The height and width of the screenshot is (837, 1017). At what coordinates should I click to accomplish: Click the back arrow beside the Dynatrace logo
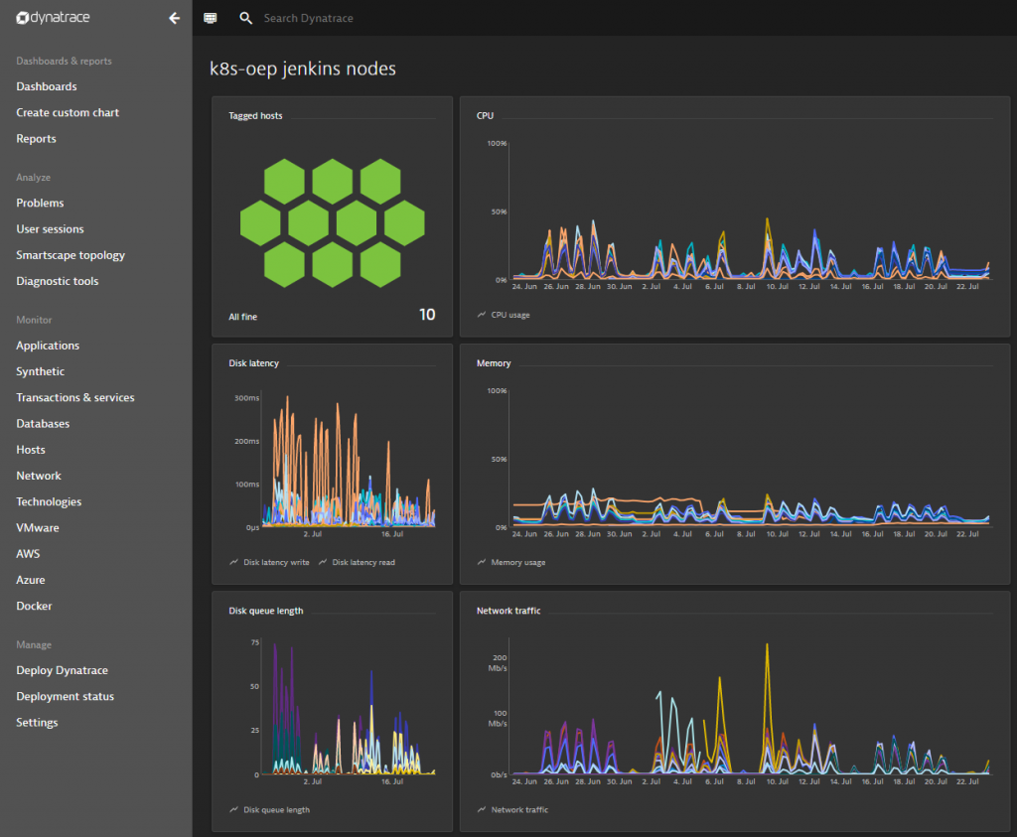tap(175, 18)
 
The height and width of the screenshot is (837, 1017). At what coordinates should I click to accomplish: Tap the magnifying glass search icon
tap(246, 18)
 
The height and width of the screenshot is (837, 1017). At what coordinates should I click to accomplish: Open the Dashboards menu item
tap(47, 86)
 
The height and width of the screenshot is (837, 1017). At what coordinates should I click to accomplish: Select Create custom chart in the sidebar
tap(68, 112)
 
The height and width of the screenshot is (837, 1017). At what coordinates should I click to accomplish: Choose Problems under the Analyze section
tap(40, 203)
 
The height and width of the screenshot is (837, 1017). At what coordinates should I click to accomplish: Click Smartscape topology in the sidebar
tap(71, 255)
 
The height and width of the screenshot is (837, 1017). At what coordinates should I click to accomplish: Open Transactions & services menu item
tap(75, 397)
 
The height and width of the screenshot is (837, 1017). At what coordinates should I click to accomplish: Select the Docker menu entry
tap(34, 606)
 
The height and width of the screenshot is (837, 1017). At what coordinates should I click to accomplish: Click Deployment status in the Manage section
tap(65, 696)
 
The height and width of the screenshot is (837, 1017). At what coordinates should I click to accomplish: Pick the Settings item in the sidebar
tap(37, 722)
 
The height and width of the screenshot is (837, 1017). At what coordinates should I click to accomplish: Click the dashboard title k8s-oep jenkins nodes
tap(302, 69)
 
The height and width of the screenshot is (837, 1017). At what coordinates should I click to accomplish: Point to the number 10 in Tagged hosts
tap(426, 315)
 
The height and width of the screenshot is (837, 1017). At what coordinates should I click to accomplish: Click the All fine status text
tap(243, 317)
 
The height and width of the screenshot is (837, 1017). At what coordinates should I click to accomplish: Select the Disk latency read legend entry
tap(363, 562)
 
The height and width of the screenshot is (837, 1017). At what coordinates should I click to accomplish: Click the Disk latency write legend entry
tap(276, 562)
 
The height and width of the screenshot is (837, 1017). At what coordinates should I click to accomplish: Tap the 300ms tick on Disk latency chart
tap(246, 398)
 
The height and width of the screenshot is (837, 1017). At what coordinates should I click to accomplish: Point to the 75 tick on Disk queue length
tap(254, 643)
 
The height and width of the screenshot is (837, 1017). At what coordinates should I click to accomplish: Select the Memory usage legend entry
tap(517, 562)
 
